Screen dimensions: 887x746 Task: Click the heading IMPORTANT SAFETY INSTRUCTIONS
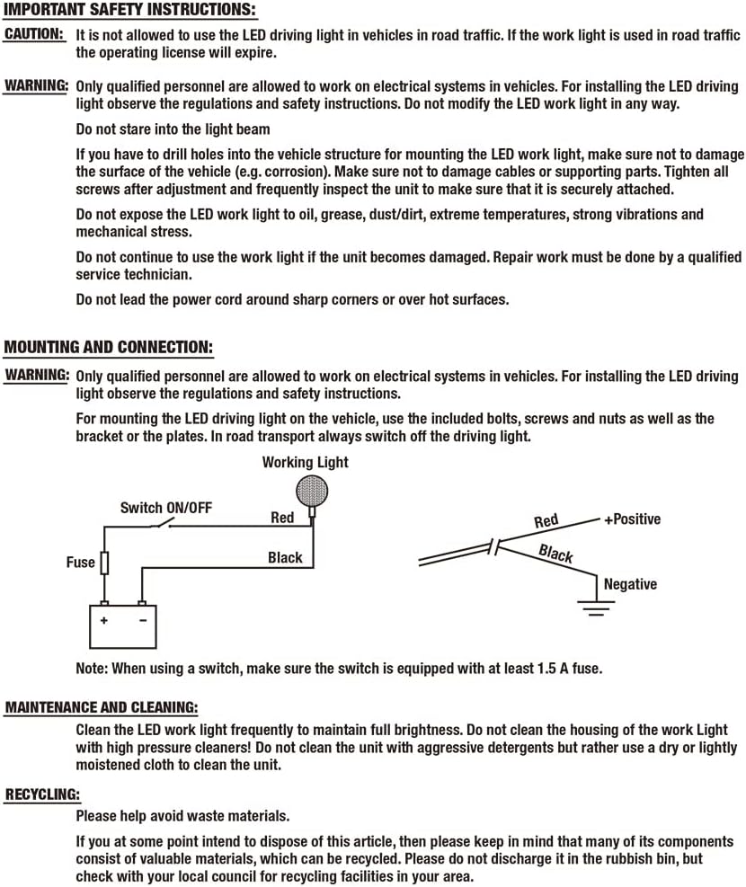click(130, 12)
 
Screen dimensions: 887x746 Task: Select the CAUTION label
click(34, 34)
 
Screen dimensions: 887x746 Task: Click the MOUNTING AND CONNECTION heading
click(109, 347)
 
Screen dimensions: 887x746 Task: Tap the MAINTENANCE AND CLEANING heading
click(102, 708)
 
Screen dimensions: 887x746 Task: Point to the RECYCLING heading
click(42, 794)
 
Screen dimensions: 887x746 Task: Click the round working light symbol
click(311, 491)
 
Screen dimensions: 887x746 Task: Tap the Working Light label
click(305, 463)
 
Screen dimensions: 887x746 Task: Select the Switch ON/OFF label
click(166, 508)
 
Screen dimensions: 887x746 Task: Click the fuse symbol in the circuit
click(105, 563)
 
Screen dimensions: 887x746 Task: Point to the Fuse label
click(80, 563)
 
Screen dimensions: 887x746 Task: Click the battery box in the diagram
click(122, 625)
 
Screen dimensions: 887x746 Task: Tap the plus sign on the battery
click(104, 620)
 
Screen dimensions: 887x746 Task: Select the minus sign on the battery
click(141, 620)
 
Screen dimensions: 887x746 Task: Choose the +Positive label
click(632, 519)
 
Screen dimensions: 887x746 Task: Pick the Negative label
click(630, 584)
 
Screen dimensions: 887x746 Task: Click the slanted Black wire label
click(555, 554)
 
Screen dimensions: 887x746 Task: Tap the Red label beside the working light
click(282, 518)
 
